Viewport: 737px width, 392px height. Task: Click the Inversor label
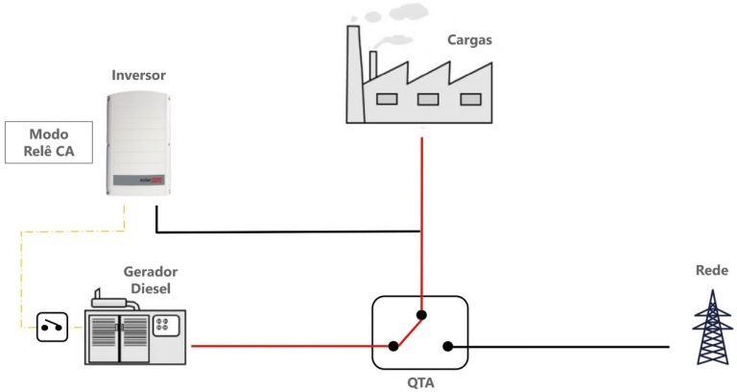pos(139,75)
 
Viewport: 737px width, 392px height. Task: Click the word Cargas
pos(471,39)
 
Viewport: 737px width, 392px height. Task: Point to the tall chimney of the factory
pos(353,72)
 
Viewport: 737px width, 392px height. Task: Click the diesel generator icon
pos(135,330)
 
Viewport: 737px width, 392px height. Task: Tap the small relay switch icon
pos(52,328)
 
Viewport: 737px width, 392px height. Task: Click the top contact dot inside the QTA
pos(421,314)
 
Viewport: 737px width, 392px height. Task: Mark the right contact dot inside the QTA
pos(448,347)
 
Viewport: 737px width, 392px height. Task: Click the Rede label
pos(711,271)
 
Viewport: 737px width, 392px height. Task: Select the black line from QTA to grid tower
pos(566,347)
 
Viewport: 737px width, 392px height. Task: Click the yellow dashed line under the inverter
pos(77,231)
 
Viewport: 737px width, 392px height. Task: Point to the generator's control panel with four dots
pos(166,323)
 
